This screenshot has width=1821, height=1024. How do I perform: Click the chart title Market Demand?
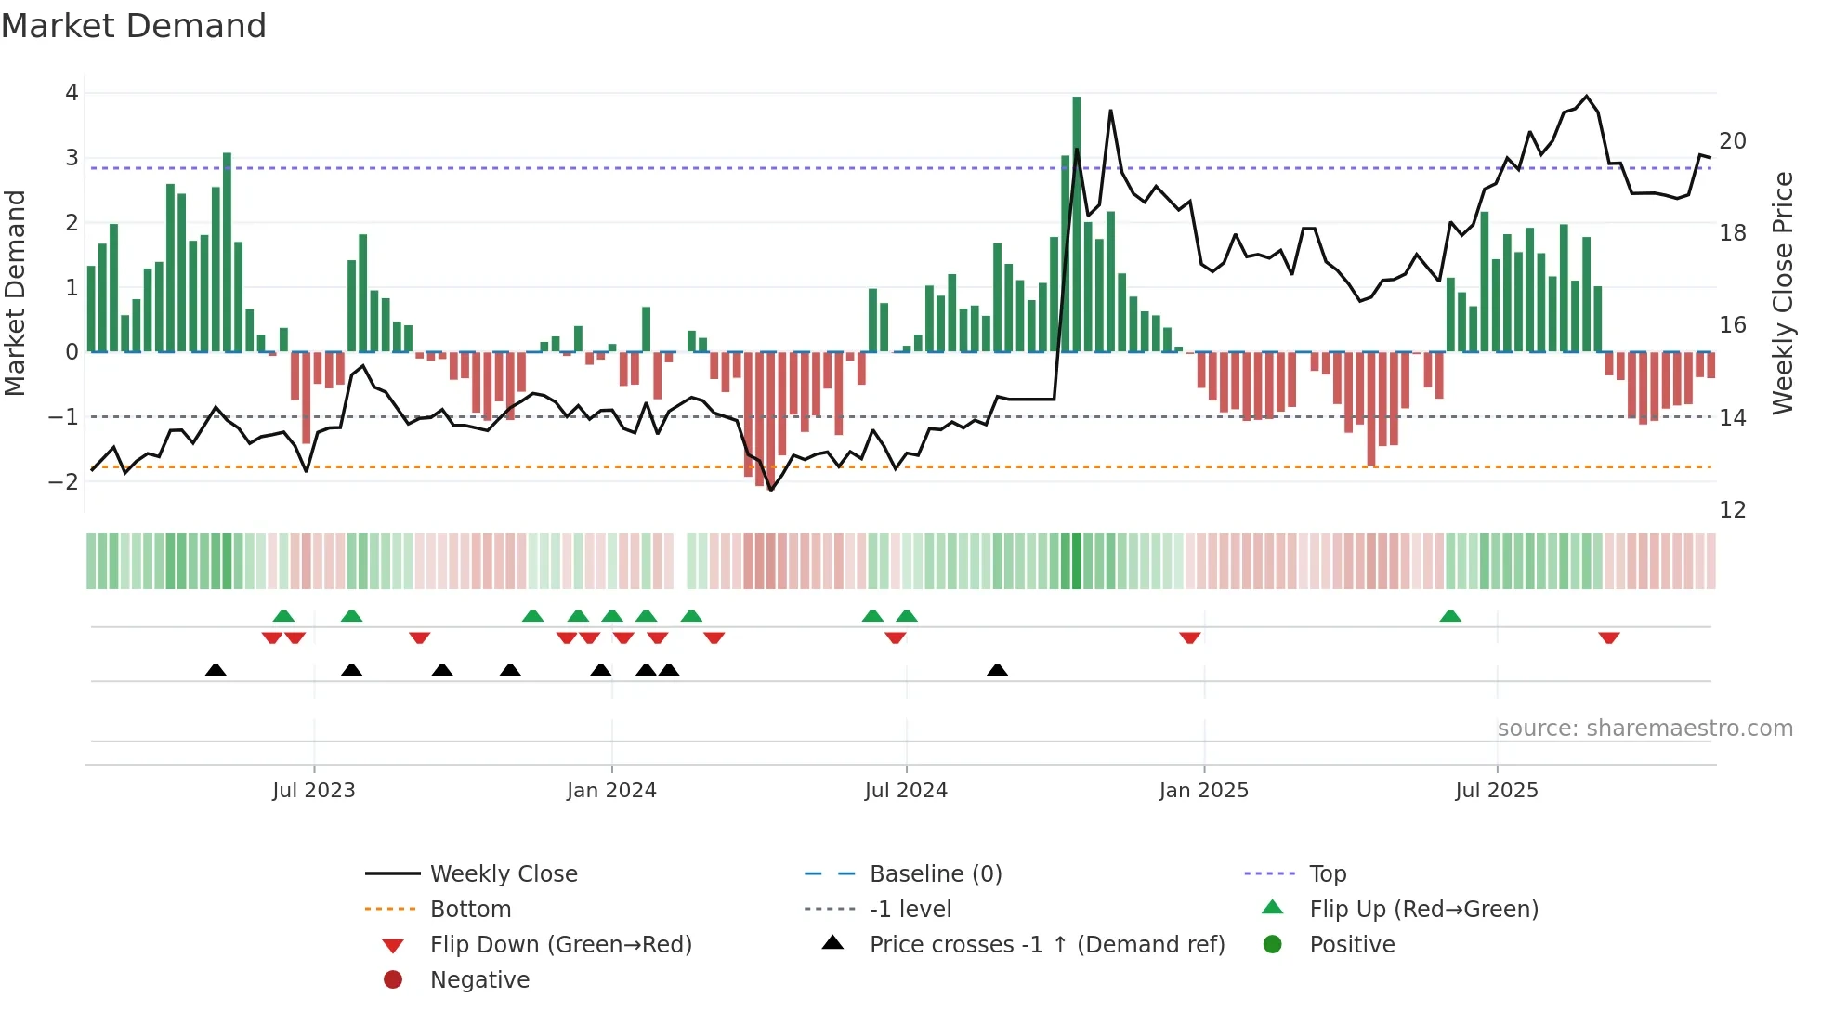click(x=134, y=26)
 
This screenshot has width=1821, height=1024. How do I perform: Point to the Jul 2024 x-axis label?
click(x=906, y=791)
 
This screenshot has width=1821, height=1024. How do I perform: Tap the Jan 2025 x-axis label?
click(x=1203, y=791)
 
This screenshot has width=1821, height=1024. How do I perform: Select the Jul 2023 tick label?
click(x=314, y=791)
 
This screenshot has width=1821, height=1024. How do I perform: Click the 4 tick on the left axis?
click(x=72, y=93)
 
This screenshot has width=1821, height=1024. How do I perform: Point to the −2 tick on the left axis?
click(x=64, y=481)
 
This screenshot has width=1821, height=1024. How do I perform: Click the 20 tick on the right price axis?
click(x=1733, y=141)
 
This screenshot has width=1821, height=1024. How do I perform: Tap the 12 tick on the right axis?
click(x=1733, y=510)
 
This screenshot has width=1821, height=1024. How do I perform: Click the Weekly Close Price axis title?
click(x=1782, y=293)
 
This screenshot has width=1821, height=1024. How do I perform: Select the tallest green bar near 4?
click(x=1077, y=223)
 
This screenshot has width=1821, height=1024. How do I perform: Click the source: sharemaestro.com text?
click(x=1644, y=729)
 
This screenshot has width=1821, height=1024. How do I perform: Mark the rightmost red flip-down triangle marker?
click(x=1609, y=637)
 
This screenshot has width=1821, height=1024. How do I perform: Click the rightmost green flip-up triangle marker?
click(x=1450, y=616)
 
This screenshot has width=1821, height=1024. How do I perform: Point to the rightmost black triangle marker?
click(x=997, y=670)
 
